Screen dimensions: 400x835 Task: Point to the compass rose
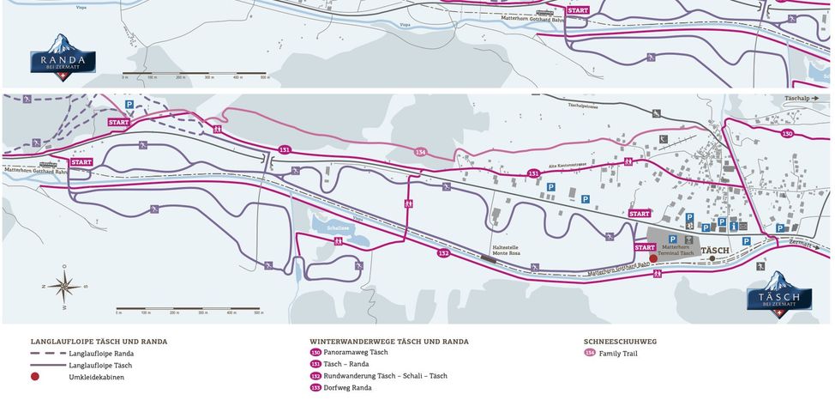pos(64,287)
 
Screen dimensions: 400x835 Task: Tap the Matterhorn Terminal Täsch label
pos(677,250)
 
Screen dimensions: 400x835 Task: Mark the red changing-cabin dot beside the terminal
pos(652,258)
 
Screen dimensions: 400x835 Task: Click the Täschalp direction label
pos(800,99)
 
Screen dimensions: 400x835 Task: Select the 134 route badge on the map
pos(420,152)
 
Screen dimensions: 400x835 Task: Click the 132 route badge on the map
pos(443,253)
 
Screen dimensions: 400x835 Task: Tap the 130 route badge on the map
pos(787,134)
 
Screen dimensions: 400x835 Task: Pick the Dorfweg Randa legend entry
pos(347,388)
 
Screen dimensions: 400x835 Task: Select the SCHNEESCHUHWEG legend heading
pos(620,341)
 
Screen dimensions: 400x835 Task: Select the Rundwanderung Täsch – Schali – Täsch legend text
pos(385,376)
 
